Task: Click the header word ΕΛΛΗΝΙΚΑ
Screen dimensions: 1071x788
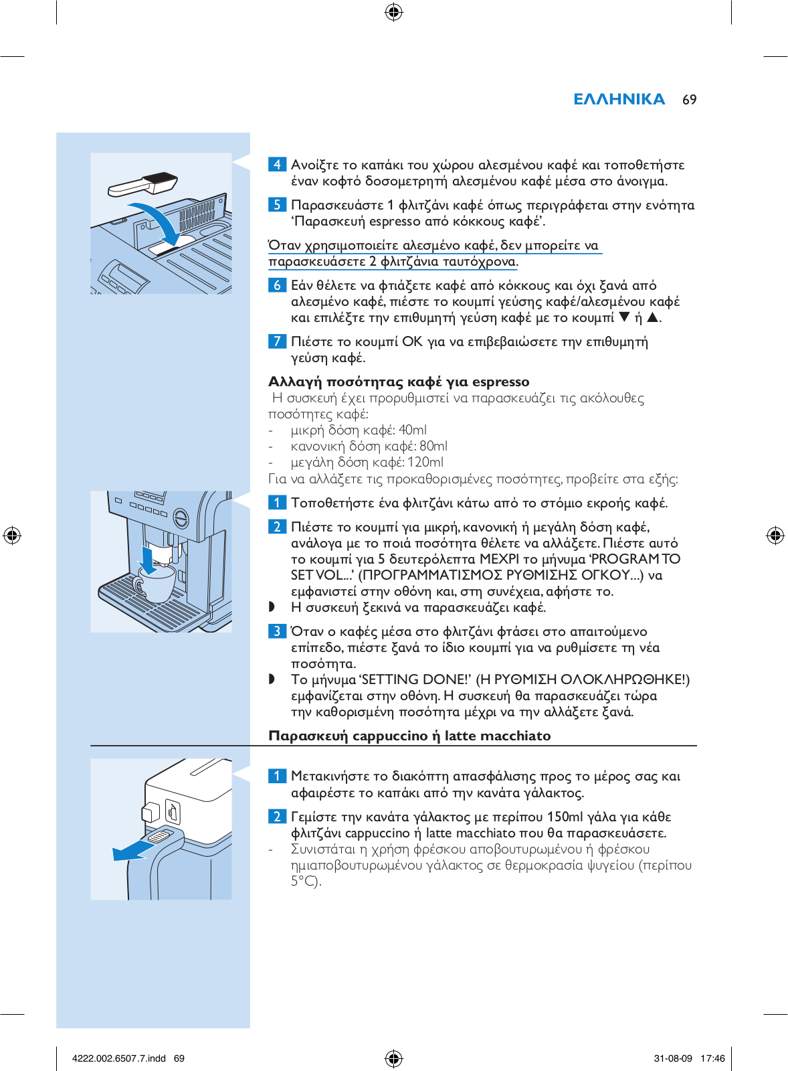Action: [619, 100]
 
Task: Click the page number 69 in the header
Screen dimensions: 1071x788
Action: [689, 100]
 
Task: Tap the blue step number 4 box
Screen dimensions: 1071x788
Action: [277, 165]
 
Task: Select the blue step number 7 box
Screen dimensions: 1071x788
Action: [277, 341]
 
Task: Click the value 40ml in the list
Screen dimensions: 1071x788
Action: [412, 430]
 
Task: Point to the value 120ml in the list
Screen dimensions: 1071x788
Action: [425, 463]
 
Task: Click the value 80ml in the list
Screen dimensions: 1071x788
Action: [433, 446]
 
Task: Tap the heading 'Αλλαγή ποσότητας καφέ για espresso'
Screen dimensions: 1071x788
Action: [399, 382]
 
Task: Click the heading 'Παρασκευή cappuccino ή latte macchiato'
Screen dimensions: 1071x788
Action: [409, 736]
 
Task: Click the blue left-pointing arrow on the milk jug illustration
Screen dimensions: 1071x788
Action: [134, 850]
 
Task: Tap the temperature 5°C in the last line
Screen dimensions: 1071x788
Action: [304, 882]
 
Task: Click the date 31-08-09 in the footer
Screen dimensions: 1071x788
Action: [673, 1058]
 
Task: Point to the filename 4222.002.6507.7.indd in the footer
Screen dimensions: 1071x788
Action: [119, 1058]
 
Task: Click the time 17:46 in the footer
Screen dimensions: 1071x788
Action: [712, 1058]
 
